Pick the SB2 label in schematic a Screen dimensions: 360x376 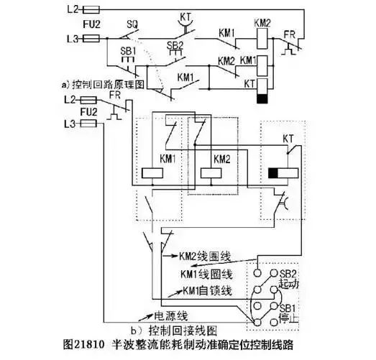coord(175,45)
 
